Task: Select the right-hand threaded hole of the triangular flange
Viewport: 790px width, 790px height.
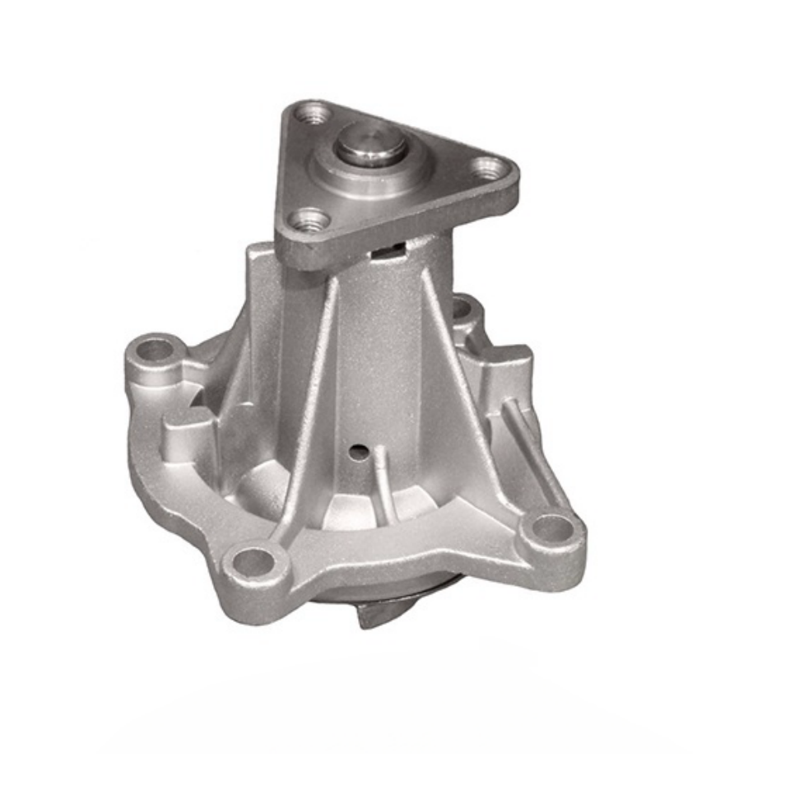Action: pos(491,169)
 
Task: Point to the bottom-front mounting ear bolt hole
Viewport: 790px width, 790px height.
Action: pos(253,564)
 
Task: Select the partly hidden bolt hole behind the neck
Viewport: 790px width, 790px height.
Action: pos(462,309)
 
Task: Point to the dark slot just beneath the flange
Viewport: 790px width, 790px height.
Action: pos(388,248)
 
